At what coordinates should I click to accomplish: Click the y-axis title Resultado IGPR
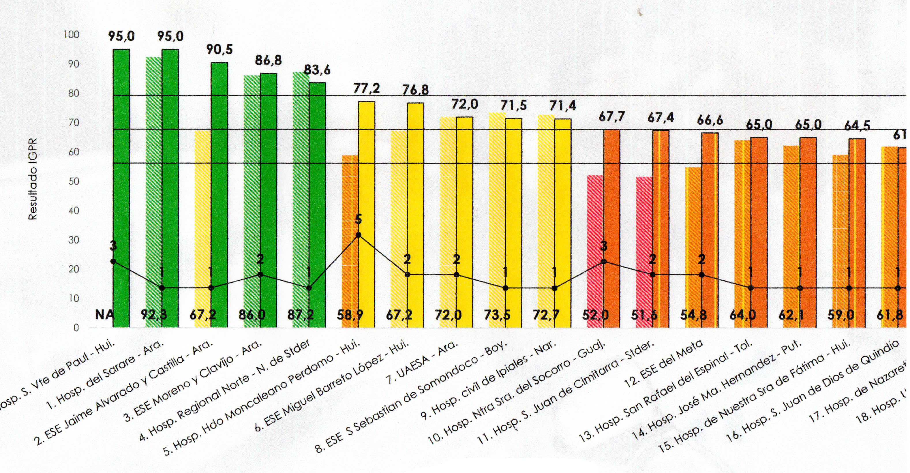(33, 179)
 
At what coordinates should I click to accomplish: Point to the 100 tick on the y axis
(71, 35)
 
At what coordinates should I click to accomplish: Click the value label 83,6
(317, 70)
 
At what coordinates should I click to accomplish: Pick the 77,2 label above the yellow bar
(367, 88)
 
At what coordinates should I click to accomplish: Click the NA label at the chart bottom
(105, 314)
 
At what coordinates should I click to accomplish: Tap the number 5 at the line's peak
(358, 220)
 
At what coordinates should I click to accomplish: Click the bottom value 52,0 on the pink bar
(595, 314)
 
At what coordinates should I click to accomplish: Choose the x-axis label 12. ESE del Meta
(664, 364)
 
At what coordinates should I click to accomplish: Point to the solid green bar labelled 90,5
(219, 194)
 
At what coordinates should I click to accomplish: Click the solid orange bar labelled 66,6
(710, 230)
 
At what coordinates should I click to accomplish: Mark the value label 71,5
(514, 105)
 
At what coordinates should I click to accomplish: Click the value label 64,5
(857, 125)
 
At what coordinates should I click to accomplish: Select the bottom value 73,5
(497, 314)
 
